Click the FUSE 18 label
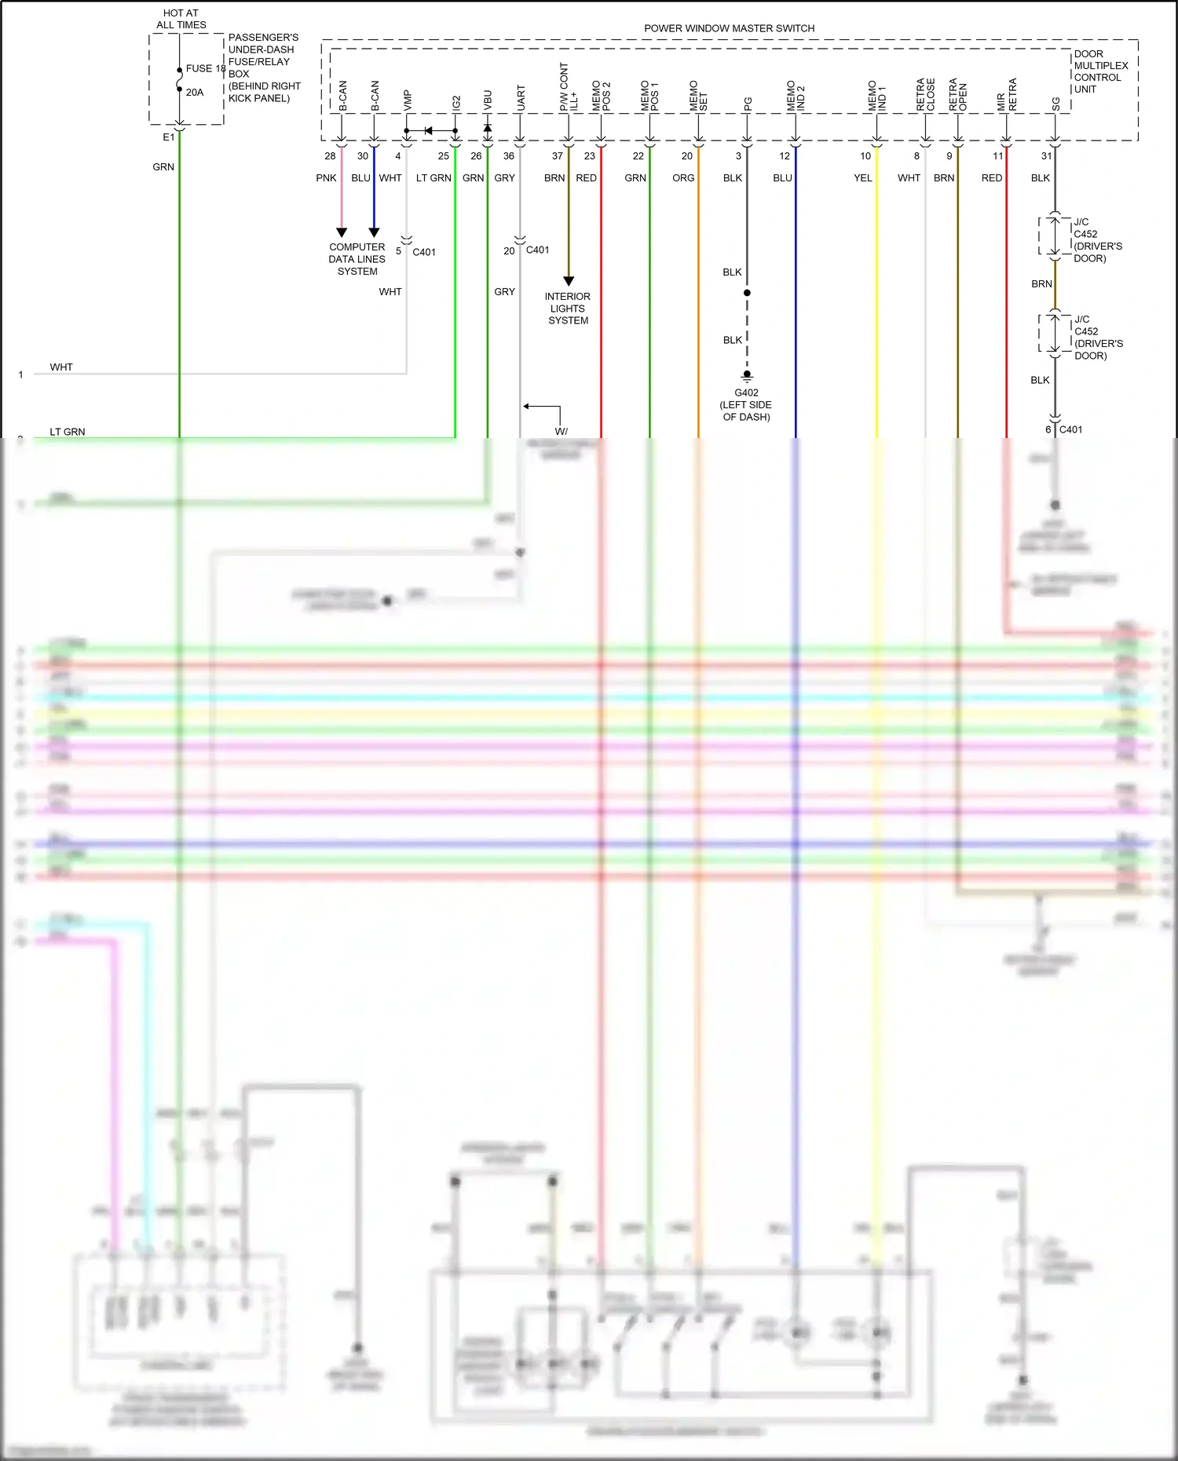tap(205, 68)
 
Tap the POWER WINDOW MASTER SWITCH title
tap(729, 28)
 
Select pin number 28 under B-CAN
tap(330, 156)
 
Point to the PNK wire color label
tap(326, 178)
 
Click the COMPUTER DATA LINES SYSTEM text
tap(357, 259)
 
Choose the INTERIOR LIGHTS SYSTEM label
tap(568, 309)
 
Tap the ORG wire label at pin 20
tap(683, 178)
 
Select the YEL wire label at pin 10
tap(862, 178)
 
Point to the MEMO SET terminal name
tap(698, 96)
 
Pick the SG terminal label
tap(1055, 104)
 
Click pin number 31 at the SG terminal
tap(1046, 156)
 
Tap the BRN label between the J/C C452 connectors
tap(1041, 284)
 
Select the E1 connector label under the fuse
tap(168, 137)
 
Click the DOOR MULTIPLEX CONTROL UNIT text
tap(1100, 71)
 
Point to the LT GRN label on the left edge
tap(68, 432)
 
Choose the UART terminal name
tap(521, 97)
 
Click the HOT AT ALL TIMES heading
tap(181, 19)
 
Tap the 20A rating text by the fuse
tap(195, 93)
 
